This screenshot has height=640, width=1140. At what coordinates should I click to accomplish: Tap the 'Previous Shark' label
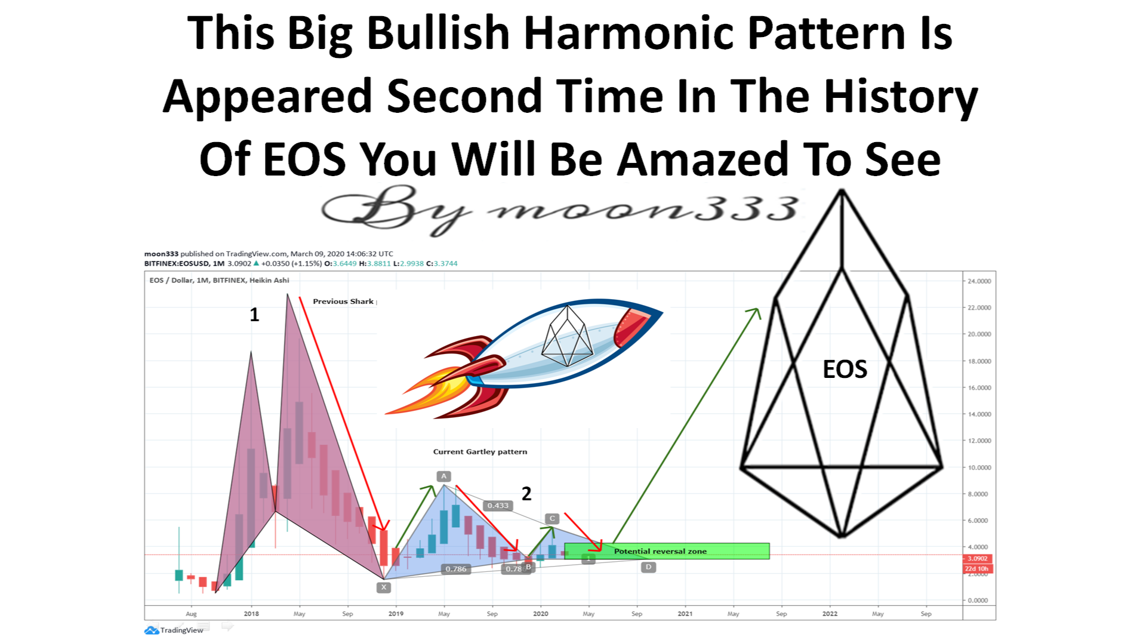(x=343, y=301)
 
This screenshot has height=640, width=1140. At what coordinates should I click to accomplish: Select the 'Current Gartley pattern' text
(x=480, y=452)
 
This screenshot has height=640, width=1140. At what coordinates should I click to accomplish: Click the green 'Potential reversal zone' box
(x=666, y=551)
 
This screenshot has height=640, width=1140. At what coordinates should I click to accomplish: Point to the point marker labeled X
(x=384, y=587)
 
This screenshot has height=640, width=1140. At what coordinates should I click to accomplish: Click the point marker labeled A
(x=443, y=476)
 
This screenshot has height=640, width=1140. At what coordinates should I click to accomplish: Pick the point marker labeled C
(x=552, y=519)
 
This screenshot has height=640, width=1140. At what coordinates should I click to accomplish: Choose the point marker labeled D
(x=648, y=567)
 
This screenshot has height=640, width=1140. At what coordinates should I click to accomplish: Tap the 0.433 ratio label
(x=498, y=506)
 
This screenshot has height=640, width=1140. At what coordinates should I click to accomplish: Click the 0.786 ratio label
(x=456, y=569)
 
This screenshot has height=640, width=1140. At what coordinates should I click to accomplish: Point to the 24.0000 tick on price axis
(x=979, y=281)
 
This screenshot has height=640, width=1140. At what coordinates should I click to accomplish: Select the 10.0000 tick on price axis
(x=979, y=467)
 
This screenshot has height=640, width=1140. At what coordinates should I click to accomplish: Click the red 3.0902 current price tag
(x=978, y=559)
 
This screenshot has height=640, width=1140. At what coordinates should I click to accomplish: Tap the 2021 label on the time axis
(x=685, y=614)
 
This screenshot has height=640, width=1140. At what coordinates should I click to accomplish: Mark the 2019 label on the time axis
(x=396, y=614)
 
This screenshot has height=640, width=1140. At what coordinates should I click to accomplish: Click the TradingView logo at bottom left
(x=174, y=630)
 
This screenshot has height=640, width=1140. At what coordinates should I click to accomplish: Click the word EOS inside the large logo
(x=845, y=370)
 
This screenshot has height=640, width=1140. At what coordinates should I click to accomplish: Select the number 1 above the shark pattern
(x=254, y=315)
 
